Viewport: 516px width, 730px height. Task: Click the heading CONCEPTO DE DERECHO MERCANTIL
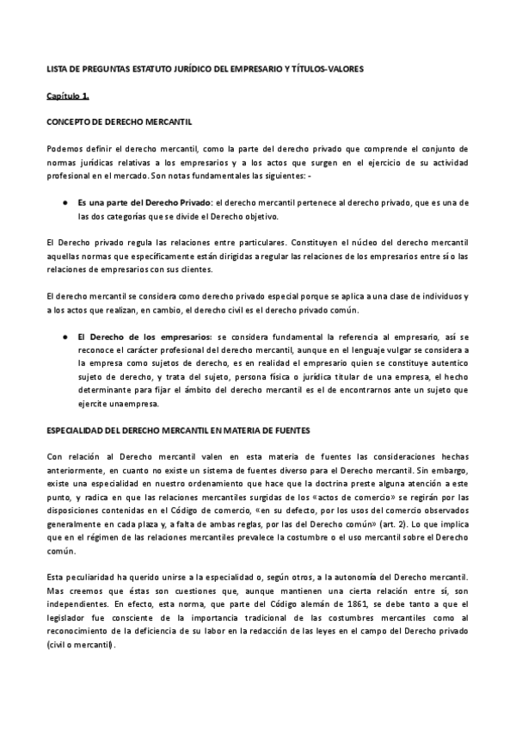coord(118,121)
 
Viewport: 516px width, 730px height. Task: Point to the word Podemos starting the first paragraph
coord(65,149)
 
